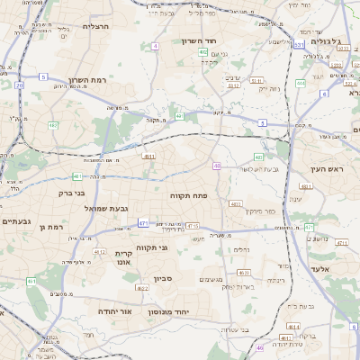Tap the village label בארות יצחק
[x=217, y=287]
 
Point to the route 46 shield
[x=260, y=347]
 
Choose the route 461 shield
[x=31, y=282]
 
